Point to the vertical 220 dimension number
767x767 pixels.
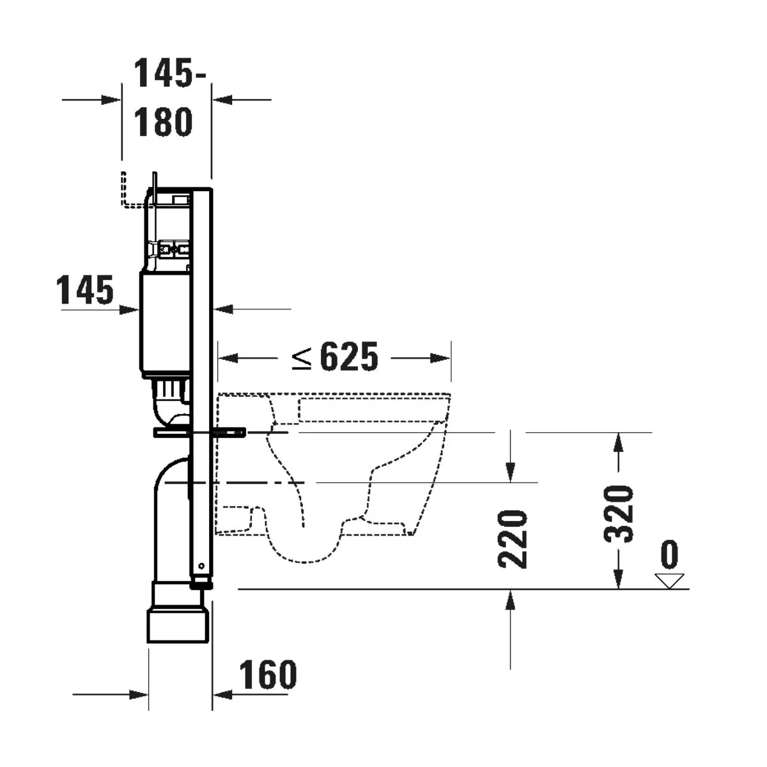[x=513, y=539]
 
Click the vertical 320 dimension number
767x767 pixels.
[x=619, y=513]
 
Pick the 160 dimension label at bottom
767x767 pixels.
[x=268, y=674]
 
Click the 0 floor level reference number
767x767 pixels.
[x=669, y=555]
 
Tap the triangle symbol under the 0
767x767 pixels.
[x=669, y=580]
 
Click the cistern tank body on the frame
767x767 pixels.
[x=165, y=323]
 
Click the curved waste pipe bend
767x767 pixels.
[x=167, y=476]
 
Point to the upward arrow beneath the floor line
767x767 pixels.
[x=510, y=601]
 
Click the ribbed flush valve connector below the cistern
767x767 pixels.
[x=170, y=387]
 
